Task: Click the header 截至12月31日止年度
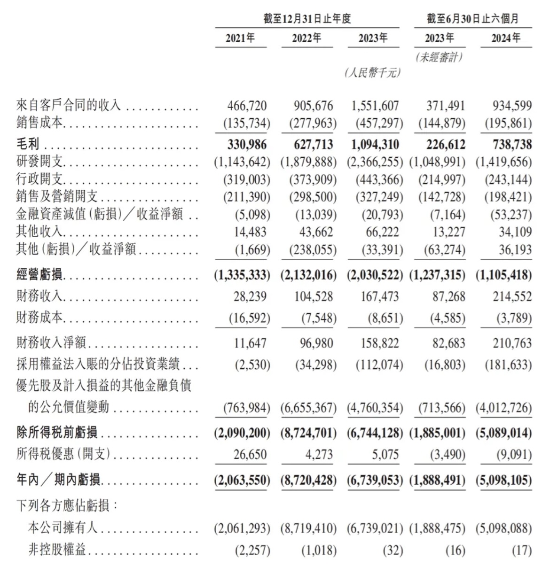(307, 19)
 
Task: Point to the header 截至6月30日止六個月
(472, 19)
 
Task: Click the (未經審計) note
(440, 57)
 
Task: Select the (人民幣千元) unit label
(373, 73)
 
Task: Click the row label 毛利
(28, 144)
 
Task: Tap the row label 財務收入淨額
(51, 343)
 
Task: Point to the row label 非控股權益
(57, 550)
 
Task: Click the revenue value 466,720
(247, 105)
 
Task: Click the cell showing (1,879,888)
(308, 162)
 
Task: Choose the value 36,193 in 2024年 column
(515, 249)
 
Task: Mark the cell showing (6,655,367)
(308, 408)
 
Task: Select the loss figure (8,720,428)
(308, 480)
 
